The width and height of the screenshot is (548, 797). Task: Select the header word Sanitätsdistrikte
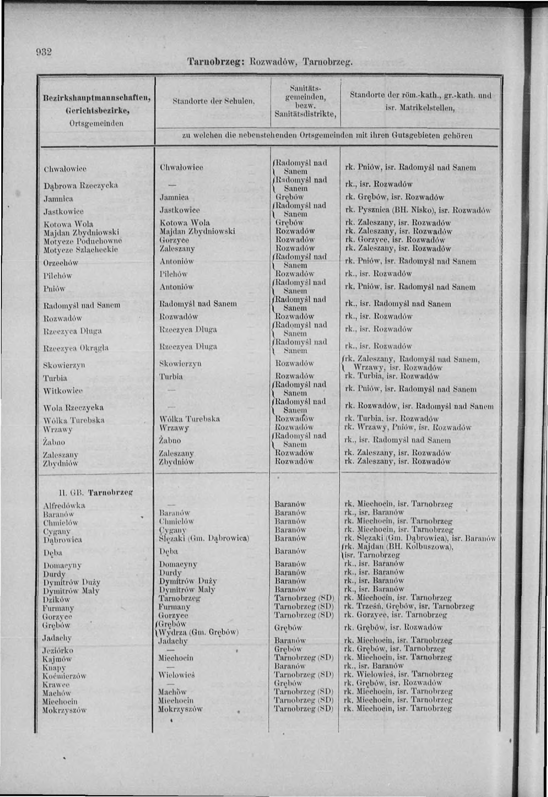coord(305,114)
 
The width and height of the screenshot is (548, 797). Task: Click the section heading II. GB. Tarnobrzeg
coord(96,493)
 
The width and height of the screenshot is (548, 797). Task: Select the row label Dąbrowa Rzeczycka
coord(81,186)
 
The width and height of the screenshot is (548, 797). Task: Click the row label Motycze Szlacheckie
coord(81,250)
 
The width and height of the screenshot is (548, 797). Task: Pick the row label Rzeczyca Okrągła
coord(76,348)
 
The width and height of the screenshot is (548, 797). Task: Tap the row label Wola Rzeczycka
coord(74,408)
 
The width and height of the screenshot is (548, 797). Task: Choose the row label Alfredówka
coord(64,505)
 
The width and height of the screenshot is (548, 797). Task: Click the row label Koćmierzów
coord(64,676)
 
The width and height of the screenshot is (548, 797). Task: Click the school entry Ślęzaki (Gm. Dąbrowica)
coord(204,538)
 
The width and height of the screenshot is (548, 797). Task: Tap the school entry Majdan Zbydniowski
coord(197,231)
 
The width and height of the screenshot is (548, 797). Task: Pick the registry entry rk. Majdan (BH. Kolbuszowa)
coord(399,547)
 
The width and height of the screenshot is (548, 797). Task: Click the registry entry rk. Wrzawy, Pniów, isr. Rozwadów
coord(408,428)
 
